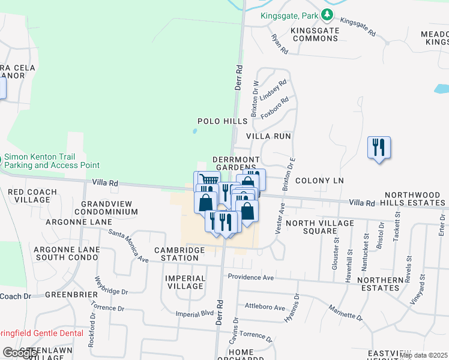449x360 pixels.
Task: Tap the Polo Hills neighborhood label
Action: tap(223, 121)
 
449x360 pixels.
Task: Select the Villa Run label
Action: tap(271, 136)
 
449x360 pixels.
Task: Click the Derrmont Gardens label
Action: tap(235, 163)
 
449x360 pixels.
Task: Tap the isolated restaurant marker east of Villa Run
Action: tap(379, 147)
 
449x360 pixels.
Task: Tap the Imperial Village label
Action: tap(185, 282)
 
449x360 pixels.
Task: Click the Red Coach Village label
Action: tap(32, 196)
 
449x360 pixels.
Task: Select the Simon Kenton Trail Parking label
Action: tap(52, 161)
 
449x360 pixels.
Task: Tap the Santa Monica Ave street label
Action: tap(127, 246)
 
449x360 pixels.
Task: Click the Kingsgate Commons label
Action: tap(314, 34)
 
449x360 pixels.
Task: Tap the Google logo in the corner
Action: tap(20, 353)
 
